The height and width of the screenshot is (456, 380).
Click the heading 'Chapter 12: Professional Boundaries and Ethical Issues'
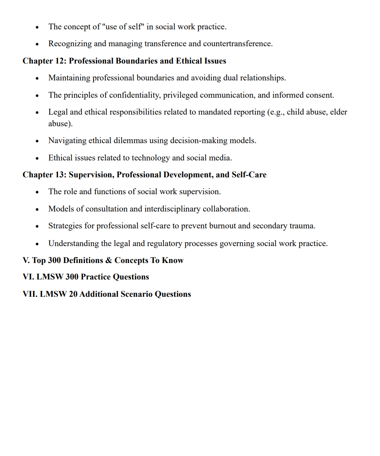pos(124,61)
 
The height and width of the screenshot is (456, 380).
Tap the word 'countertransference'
pos(237,44)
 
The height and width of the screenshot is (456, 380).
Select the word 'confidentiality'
pos(134,95)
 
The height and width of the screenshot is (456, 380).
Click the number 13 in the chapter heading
pos(61,175)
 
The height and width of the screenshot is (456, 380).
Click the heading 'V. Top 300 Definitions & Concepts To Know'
pos(103,261)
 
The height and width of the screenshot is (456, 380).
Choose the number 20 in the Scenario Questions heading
pos(73,294)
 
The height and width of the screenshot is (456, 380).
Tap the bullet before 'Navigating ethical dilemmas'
pos(37,141)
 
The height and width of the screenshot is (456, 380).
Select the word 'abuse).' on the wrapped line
pos(60,124)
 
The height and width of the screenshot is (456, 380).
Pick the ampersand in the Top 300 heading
pos(109,261)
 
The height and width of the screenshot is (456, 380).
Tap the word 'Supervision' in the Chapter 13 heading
pos(91,175)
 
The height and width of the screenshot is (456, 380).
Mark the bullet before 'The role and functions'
pos(37,192)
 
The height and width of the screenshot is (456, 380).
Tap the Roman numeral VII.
pos(30,294)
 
